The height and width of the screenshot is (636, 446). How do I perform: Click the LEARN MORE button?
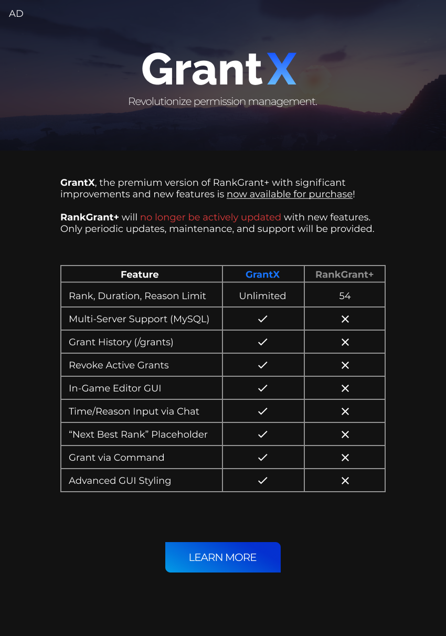coord(222,557)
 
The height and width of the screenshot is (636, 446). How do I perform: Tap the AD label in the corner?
coord(16,14)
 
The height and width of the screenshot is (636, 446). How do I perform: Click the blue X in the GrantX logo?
coord(282,69)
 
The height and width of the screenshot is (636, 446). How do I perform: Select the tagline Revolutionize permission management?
coord(222,101)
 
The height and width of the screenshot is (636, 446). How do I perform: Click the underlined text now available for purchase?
coord(290,194)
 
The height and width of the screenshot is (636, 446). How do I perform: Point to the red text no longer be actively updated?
coord(210,217)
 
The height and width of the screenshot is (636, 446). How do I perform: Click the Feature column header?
coord(140,274)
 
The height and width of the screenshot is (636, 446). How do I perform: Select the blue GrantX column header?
coord(262,274)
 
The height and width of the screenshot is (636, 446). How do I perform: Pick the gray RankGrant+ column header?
coord(344,274)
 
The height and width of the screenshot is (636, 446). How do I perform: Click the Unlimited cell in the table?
coord(262,296)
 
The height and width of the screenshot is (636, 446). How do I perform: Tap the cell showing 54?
coord(345,296)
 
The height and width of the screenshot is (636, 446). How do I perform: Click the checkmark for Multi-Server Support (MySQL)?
coord(263,319)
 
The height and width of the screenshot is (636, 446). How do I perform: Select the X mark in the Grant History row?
coord(345,342)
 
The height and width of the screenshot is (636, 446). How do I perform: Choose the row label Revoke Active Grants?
coord(119,365)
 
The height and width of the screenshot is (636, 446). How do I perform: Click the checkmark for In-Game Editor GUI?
coord(263,388)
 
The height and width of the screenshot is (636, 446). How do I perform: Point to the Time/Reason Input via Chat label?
coord(134,411)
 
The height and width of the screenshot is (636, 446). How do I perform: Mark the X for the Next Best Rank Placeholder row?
coord(345,434)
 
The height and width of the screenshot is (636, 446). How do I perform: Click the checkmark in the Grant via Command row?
coord(263,458)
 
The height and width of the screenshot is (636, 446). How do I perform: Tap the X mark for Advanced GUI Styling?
coord(345,481)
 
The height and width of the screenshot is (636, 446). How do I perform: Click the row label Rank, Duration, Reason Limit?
coord(137,296)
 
